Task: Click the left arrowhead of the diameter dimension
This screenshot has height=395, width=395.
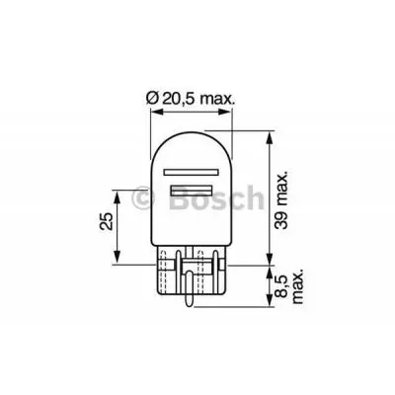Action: pos(154,114)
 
